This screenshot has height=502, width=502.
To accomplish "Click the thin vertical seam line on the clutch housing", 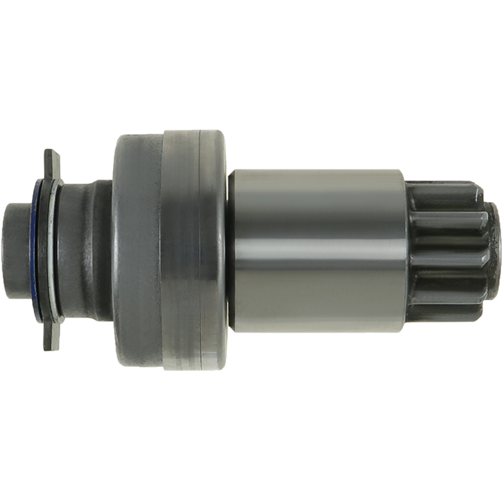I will tap(199, 251).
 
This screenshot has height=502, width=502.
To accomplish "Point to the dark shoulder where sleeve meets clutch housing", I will tap(231, 251).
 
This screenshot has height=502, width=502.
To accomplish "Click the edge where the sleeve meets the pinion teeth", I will tap(407, 251).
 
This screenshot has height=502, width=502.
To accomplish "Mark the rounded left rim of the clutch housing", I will tap(116, 251).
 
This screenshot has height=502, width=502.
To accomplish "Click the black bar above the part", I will tap(251, 94).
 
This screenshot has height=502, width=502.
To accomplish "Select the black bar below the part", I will tap(251, 405).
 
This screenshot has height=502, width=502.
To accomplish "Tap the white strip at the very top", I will tap(251, 31).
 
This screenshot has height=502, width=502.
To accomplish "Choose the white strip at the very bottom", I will tap(251, 471).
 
